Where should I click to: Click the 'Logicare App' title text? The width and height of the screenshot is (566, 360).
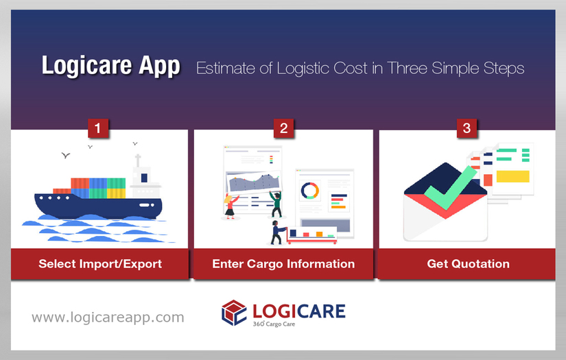pyautogui.click(x=110, y=67)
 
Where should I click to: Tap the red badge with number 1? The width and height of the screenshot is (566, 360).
pyautogui.click(x=99, y=128)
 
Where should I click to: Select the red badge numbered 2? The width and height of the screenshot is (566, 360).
pyautogui.click(x=283, y=128)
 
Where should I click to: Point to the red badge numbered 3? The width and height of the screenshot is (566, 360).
pyautogui.click(x=467, y=128)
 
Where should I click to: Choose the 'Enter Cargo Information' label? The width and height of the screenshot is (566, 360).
pyautogui.click(x=283, y=263)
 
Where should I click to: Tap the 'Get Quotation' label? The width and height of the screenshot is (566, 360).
pyautogui.click(x=468, y=263)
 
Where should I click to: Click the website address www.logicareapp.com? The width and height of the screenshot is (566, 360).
pyautogui.click(x=108, y=317)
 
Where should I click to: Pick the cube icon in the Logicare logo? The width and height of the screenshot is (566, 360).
pyautogui.click(x=233, y=313)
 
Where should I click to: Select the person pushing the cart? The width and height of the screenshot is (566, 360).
pyautogui.click(x=276, y=232)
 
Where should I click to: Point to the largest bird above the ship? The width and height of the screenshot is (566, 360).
pyautogui.click(x=66, y=156)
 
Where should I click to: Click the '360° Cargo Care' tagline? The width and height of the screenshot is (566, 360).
pyautogui.click(x=274, y=323)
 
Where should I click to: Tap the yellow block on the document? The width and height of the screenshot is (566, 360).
pyautogui.click(x=512, y=176)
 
